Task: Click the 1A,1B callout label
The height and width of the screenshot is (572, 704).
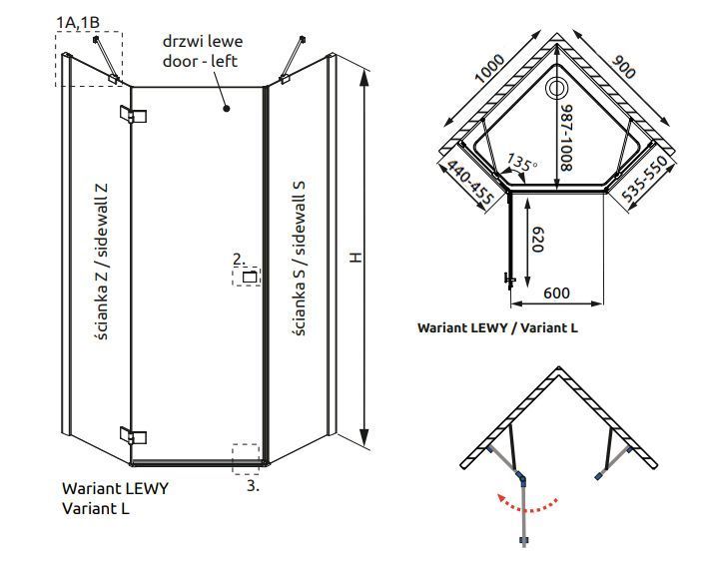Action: [78, 22]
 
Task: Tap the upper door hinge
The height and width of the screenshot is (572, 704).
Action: [134, 115]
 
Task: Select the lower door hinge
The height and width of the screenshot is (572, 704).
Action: [134, 435]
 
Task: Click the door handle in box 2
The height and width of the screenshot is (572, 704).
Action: [250, 278]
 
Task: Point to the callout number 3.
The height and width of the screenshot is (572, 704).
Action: [254, 485]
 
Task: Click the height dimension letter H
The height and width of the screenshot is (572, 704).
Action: [355, 258]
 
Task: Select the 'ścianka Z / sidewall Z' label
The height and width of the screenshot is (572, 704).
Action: [102, 262]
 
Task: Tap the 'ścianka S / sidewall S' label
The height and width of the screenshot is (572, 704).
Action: [299, 259]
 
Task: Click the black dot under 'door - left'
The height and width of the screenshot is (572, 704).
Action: [227, 108]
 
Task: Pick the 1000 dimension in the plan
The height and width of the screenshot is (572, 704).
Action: [490, 69]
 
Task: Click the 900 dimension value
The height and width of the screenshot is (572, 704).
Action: [624, 67]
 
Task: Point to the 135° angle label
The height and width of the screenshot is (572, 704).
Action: [522, 162]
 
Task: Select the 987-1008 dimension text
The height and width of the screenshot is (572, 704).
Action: [566, 138]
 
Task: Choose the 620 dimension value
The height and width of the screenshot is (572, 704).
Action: [537, 240]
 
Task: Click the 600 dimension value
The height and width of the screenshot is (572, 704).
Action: [556, 293]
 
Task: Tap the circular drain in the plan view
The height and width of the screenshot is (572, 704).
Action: [557, 88]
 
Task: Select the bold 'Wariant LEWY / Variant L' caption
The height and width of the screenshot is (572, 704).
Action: [497, 327]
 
